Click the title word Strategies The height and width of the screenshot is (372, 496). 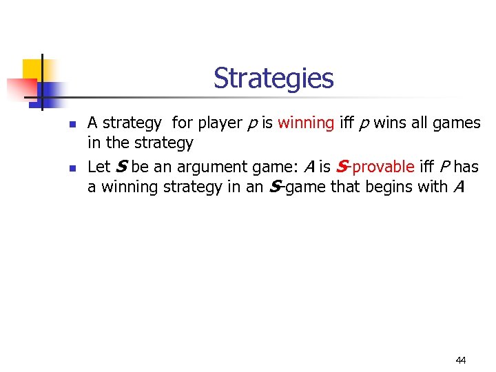point(273,78)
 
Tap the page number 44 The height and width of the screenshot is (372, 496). point(461,360)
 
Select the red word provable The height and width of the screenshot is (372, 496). point(383,167)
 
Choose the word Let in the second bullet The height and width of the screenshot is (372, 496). point(99,167)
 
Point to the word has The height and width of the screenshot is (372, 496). point(466,167)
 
